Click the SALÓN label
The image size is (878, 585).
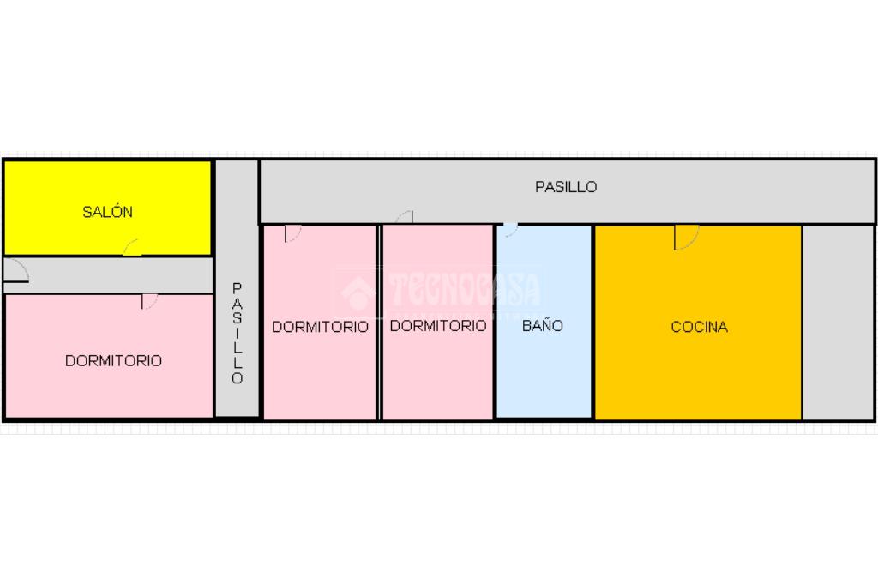point(107,212)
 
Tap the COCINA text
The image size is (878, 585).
point(699,327)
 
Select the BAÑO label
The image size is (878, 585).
point(543,326)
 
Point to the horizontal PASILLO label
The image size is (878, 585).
point(566,187)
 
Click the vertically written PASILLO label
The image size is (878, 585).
point(238,333)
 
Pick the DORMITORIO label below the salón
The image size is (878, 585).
point(113,361)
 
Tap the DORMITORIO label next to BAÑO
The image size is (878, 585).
point(438,326)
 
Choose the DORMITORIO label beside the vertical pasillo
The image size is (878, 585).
point(320,327)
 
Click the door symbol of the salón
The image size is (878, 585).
point(132,248)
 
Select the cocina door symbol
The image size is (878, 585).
point(685,236)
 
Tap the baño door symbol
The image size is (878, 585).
point(509,229)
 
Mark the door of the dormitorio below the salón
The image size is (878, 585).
point(149,300)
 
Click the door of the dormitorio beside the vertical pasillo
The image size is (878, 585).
point(292,232)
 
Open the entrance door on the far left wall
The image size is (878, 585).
point(15,271)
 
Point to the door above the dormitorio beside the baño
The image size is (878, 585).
point(405,217)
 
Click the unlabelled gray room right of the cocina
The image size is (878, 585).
point(838,322)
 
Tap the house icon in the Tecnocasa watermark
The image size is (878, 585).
point(358,292)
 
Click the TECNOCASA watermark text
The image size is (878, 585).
point(464,290)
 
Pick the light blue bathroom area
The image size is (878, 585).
point(544,369)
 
